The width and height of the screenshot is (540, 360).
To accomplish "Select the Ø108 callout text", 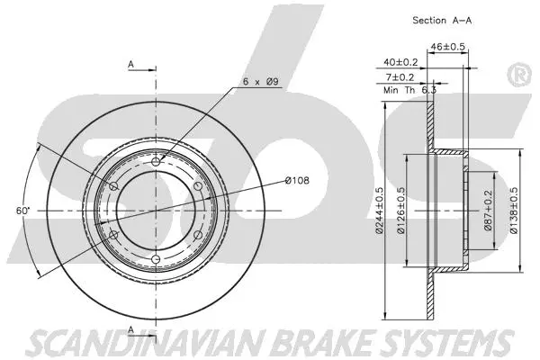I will click(x=298, y=181).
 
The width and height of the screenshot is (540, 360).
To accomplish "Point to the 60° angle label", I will click(x=23, y=210).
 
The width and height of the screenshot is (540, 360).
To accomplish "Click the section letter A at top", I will click(x=131, y=65).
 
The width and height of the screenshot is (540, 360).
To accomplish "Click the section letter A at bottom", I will click(x=131, y=330).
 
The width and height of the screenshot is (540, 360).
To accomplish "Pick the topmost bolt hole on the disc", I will click(x=157, y=161).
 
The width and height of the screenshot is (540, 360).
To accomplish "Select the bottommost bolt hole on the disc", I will click(x=157, y=259).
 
